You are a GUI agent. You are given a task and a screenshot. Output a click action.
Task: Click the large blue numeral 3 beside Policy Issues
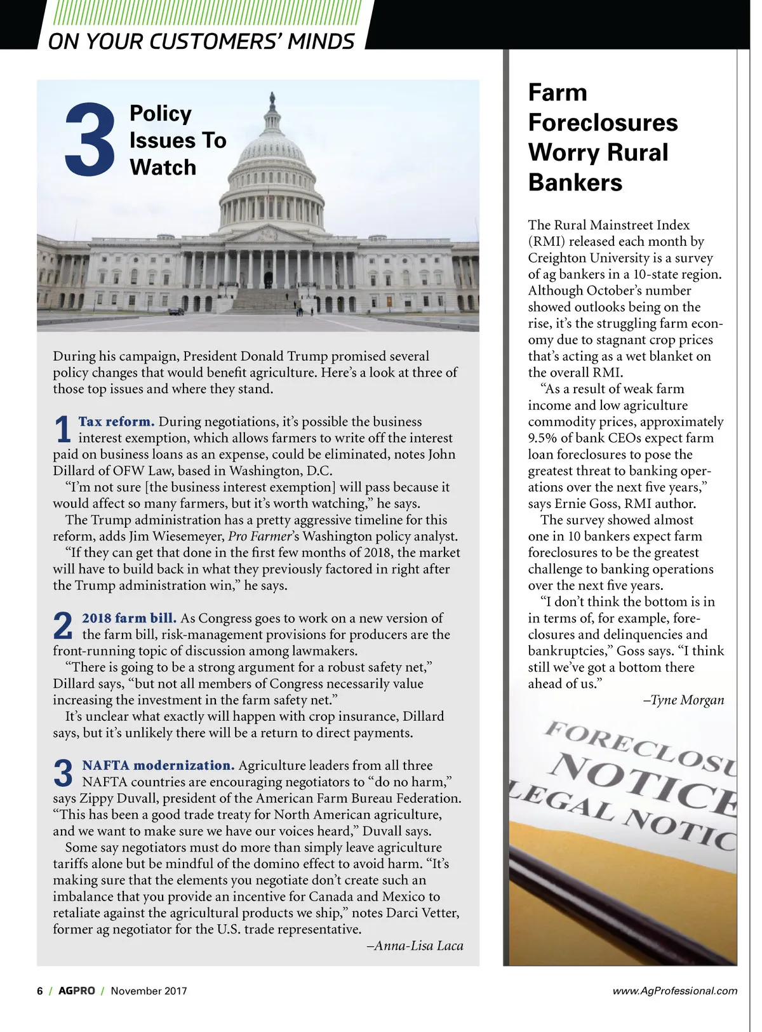click(90, 140)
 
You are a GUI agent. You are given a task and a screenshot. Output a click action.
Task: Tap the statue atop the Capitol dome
click(272, 99)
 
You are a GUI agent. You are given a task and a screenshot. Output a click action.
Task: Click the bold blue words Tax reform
click(116, 422)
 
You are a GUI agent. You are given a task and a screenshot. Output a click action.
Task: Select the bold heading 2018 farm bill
click(129, 618)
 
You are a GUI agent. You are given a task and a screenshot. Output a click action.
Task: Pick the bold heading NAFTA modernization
click(158, 765)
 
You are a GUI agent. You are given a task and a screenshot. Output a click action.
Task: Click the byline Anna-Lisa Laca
click(415, 946)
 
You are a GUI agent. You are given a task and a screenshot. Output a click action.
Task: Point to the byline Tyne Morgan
click(684, 700)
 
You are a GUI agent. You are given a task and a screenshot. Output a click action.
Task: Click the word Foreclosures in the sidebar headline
click(603, 123)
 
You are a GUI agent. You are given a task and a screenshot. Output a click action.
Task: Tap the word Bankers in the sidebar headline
click(575, 183)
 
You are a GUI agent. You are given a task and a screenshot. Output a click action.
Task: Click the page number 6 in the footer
click(40, 991)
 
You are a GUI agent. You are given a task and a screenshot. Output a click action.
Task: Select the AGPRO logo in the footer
click(76, 991)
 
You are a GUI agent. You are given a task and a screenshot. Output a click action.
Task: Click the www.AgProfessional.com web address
click(674, 991)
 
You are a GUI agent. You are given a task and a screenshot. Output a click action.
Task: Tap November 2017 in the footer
click(149, 991)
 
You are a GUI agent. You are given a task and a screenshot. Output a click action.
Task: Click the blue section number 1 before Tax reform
click(62, 429)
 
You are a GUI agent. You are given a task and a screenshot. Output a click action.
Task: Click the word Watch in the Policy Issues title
click(163, 168)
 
